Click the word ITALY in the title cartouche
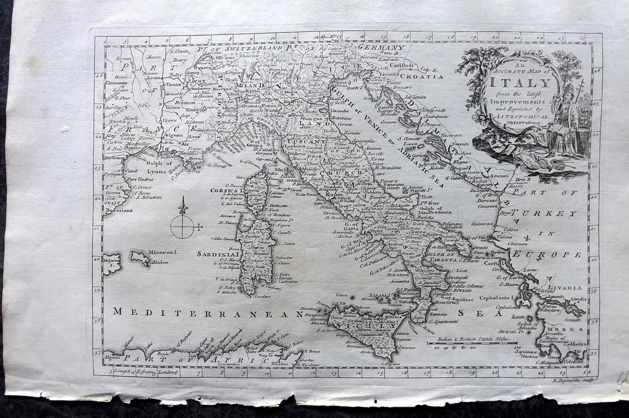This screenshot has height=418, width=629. (520, 82)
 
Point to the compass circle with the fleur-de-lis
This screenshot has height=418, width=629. (182, 226)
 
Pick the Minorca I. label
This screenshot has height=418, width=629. (165, 252)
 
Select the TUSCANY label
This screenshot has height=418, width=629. (305, 142)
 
